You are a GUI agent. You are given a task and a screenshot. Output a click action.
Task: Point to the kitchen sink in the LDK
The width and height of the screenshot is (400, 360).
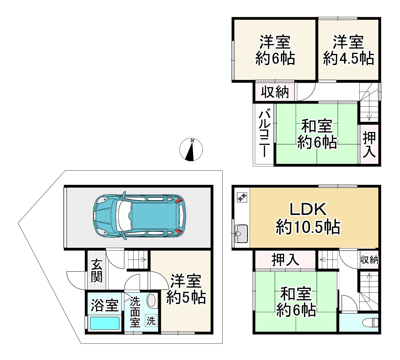click(x=241, y=233)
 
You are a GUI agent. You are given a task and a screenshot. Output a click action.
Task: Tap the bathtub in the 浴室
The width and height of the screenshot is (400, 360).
click(x=104, y=323)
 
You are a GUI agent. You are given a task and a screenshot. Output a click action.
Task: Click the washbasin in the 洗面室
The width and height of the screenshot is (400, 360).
click(x=151, y=300)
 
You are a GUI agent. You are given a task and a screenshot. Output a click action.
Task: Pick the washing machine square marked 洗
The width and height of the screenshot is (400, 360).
click(x=151, y=320)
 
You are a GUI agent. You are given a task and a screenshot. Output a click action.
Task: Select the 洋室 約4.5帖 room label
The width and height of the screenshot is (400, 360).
click(x=348, y=51)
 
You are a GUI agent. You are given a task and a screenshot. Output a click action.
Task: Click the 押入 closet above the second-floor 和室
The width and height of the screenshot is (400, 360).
click(x=285, y=260)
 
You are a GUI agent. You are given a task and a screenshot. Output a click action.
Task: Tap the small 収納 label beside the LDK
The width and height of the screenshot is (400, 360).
click(x=369, y=260)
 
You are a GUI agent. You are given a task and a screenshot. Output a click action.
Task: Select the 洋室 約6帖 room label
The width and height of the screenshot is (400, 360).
click(x=275, y=51)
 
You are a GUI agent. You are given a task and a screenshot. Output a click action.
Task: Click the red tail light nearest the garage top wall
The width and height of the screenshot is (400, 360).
click(x=178, y=201)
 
